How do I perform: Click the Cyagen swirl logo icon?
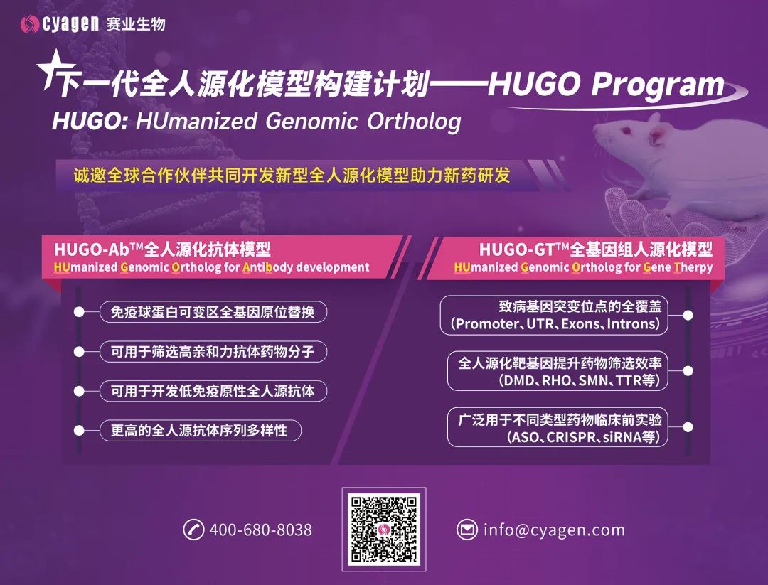pos(31,23)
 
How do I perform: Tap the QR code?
pos(383,529)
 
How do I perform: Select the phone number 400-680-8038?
pos(260,530)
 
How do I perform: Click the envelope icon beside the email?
pos(466,530)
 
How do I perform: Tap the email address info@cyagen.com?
pos(554,530)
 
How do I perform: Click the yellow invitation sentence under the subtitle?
pos(292,175)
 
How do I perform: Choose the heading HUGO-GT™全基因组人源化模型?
pos(595,249)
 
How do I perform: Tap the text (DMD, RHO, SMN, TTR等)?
pos(582,380)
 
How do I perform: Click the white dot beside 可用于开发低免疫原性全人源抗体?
pos(80,391)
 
